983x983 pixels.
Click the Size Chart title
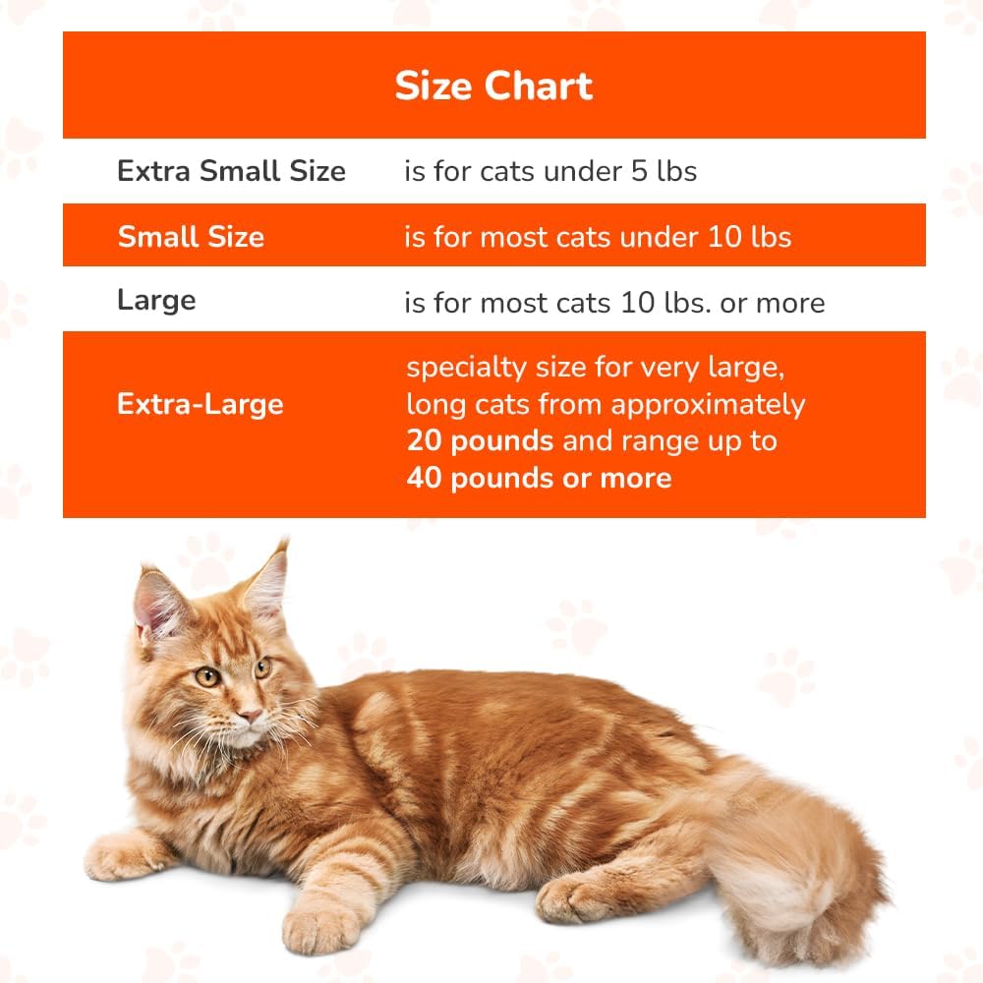click(x=493, y=87)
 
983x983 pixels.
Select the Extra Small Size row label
click(x=231, y=171)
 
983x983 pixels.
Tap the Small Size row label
click(x=191, y=237)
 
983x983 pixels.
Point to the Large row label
click(x=156, y=301)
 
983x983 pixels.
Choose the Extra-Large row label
click(x=200, y=404)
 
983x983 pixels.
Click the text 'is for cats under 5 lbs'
click(x=550, y=171)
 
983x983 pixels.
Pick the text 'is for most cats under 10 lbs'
click(x=598, y=237)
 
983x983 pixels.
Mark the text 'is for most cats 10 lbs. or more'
click(x=614, y=303)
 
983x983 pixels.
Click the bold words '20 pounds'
click(x=480, y=441)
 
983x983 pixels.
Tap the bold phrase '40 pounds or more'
click(x=539, y=479)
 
